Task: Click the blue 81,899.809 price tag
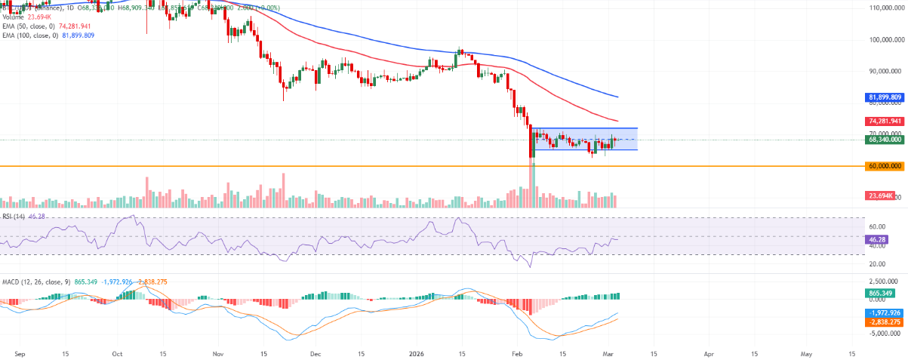coord(885,97)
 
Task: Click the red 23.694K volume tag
coord(880,195)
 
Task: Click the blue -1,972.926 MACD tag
coord(884,312)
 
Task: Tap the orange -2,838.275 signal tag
coord(884,322)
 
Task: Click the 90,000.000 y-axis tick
coord(885,72)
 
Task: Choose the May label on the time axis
coord(807,352)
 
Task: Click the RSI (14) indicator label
coord(14,216)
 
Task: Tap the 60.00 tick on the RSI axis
coord(876,226)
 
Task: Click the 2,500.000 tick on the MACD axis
coord(882,282)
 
